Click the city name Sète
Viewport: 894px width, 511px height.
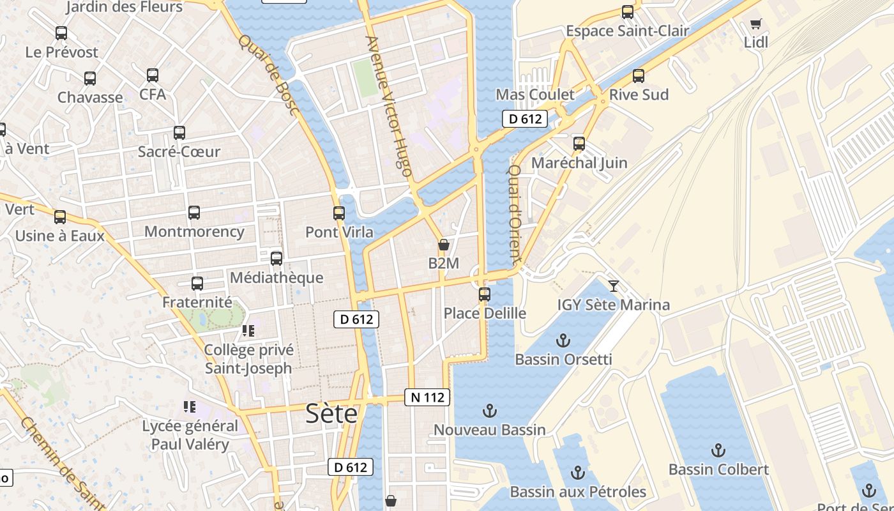[x=331, y=414]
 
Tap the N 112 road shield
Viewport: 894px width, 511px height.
[x=427, y=397]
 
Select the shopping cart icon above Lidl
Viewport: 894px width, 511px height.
[x=756, y=24]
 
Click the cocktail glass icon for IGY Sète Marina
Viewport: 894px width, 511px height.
[x=614, y=286]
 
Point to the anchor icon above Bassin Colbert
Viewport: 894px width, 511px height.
[x=718, y=450]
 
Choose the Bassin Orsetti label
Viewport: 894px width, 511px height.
[x=563, y=359]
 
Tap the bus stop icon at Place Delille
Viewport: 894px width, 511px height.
[x=485, y=294]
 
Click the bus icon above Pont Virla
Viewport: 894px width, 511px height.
[x=339, y=213]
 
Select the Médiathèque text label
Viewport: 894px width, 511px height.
[x=277, y=278]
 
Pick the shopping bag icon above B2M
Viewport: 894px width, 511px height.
[x=444, y=245]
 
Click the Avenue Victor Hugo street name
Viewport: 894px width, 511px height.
[x=388, y=106]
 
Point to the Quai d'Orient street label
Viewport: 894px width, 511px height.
[x=515, y=215]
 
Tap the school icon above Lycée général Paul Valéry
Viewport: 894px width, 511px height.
[x=189, y=406]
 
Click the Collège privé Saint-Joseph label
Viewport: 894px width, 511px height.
[x=248, y=359]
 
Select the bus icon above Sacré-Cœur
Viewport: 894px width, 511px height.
[x=179, y=133]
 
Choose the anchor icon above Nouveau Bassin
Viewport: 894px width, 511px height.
[x=490, y=411]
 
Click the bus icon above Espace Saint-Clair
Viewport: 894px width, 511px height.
[x=628, y=12]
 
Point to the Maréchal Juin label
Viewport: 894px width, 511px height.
[x=579, y=163]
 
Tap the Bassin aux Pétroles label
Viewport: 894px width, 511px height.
[x=578, y=492]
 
